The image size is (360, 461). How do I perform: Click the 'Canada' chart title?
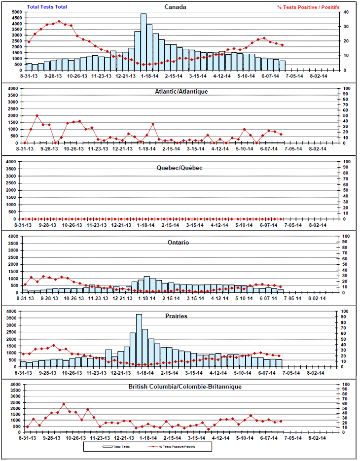pos(175,7)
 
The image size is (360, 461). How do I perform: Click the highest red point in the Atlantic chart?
pos(37,115)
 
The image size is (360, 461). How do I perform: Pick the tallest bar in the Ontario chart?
pos(146,284)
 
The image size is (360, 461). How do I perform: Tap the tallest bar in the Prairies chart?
pos(139,341)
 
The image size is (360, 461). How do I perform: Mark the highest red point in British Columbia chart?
pos(64,404)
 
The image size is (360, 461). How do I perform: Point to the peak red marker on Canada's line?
pos(59,21)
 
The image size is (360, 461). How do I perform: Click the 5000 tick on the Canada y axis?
pos(16,12)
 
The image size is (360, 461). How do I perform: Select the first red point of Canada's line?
pos(29,42)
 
